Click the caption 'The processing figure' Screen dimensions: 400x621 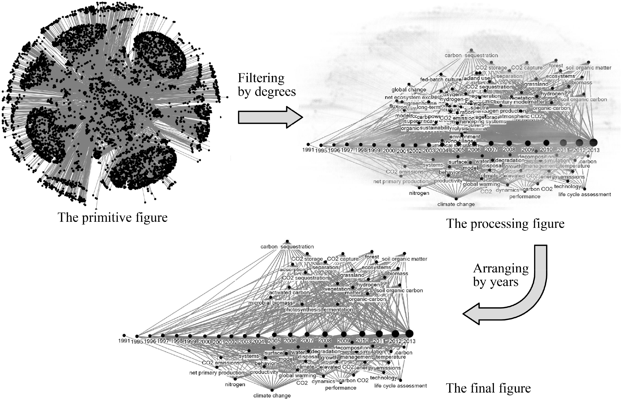pos(505,224)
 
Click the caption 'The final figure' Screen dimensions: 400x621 pos(488,388)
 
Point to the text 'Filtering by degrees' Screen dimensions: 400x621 pos(267,85)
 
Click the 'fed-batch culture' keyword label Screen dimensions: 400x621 pos(441,80)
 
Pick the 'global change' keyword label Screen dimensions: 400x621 pos(409,90)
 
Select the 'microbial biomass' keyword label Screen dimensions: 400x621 pos(271,303)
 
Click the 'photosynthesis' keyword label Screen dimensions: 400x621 pos(302,310)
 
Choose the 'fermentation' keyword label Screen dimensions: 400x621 pos(337,310)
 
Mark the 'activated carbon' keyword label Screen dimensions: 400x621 pos(289,293)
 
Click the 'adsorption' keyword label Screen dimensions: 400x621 pos(292,270)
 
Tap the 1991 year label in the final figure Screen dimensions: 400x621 pos(124,341)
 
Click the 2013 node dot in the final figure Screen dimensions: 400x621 pos(409,333)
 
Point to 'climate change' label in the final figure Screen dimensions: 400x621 pos(272,396)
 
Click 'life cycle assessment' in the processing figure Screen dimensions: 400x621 pos(584,194)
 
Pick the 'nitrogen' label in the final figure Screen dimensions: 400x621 pos(235,384)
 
